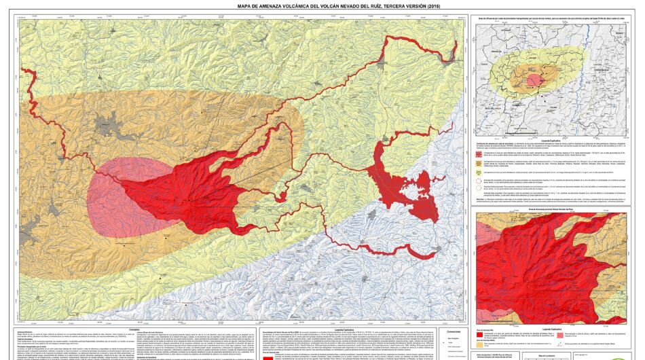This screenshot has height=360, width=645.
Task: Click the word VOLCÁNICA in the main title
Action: (293, 7)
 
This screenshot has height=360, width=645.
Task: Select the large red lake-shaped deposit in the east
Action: (401, 183)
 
